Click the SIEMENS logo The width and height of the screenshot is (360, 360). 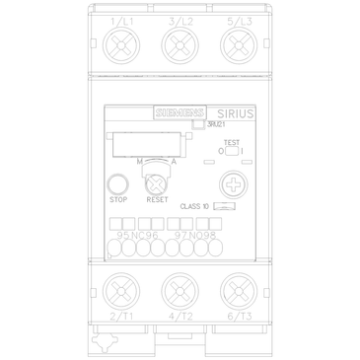180,112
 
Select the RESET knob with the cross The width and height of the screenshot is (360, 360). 155,182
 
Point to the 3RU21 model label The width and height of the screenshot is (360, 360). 216,125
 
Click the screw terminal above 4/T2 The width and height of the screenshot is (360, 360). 180,292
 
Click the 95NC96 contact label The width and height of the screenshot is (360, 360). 137,235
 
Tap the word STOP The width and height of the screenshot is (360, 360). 117,199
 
